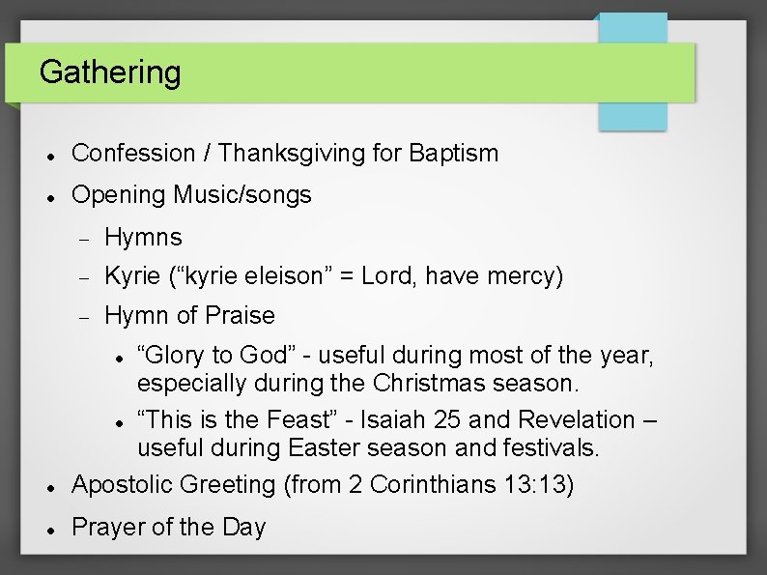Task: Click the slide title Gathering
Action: click(x=110, y=72)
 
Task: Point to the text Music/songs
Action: click(x=242, y=194)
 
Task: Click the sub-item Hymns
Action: click(x=143, y=237)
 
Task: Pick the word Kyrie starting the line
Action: click(x=132, y=276)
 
